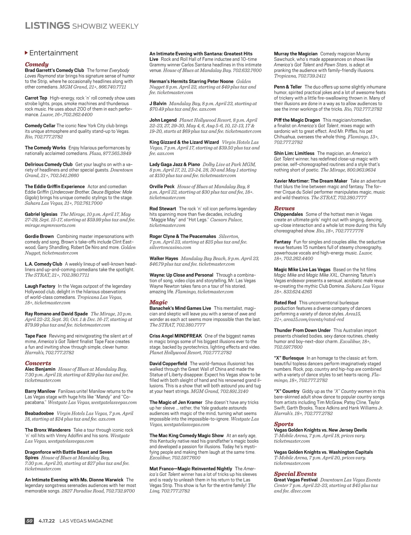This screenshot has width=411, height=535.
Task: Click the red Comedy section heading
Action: click(x=37, y=64)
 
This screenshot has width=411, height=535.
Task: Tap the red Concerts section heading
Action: click(x=38, y=363)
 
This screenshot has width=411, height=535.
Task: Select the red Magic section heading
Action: click(x=158, y=302)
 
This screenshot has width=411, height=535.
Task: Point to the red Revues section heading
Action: click(x=284, y=208)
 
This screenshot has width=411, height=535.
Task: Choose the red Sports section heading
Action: click(x=284, y=424)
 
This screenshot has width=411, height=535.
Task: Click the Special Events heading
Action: click(x=295, y=474)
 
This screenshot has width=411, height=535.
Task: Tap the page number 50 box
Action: click(x=29, y=521)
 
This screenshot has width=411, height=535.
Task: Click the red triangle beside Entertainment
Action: click(x=26, y=53)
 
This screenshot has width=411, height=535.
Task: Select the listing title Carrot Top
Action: click(x=36, y=98)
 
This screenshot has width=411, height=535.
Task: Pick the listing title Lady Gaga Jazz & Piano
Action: click(x=175, y=165)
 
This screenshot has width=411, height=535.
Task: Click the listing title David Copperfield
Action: click(x=168, y=364)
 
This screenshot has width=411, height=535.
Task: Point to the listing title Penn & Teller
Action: click(x=288, y=87)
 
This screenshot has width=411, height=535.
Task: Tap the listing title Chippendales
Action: click(x=288, y=214)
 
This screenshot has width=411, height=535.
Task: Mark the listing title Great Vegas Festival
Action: click(x=296, y=480)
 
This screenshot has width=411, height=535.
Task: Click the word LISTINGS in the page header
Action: click(x=47, y=26)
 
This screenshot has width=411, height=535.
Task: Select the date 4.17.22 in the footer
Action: click(x=47, y=521)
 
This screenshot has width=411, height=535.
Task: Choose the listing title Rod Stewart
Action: click(x=163, y=209)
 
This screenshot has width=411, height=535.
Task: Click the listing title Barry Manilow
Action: click(x=40, y=391)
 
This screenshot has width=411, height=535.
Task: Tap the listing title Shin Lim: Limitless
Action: click(x=294, y=153)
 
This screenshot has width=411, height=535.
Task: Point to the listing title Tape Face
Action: click(x=35, y=336)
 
